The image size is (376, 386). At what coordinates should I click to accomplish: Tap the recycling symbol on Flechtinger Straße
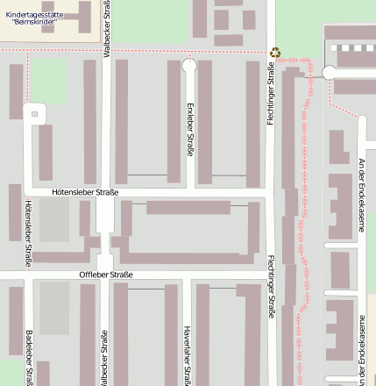coord(275,54)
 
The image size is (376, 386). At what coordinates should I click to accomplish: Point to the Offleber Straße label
coord(106,275)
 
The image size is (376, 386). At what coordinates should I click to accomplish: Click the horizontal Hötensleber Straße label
coord(85,191)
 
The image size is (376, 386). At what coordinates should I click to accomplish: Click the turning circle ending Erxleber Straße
coord(188,66)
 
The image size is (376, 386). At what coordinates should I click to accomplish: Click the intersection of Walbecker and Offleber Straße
coord(106,275)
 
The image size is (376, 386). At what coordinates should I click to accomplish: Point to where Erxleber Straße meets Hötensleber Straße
coord(188,191)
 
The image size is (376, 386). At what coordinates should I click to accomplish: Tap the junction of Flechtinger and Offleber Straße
coord(271,275)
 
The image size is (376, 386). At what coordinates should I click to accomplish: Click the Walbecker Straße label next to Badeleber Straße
coord(106,356)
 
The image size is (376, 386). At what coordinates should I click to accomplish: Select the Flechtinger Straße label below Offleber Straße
coord(271,298)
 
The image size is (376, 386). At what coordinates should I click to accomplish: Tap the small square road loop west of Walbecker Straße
coord(35,112)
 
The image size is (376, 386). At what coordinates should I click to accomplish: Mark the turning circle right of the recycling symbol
coord(330,73)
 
